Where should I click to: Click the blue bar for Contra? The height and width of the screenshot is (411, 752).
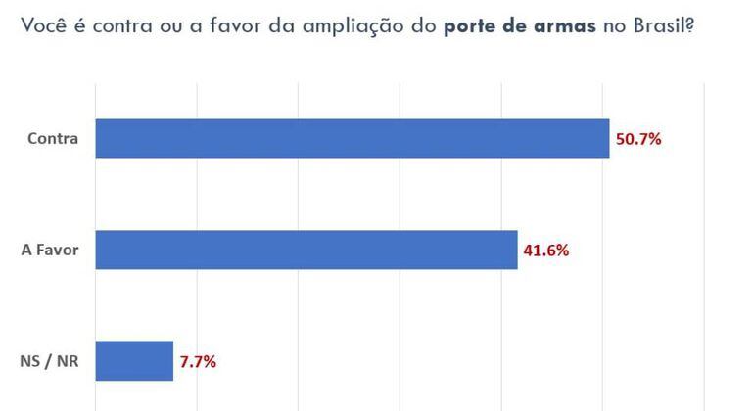352,138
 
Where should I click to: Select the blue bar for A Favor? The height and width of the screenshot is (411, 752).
305,250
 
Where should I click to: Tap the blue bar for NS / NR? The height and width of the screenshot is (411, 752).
134,360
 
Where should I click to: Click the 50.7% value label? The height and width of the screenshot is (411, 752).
638,139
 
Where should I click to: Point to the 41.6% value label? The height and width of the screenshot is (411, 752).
545,250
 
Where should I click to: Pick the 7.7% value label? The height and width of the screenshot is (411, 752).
198,361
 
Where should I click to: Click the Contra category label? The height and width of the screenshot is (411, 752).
55,139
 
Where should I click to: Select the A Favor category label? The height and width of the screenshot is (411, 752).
50,250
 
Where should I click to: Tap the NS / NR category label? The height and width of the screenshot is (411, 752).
49,361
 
